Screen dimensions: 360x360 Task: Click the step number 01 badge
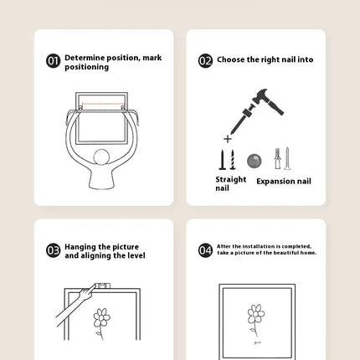point(53,61)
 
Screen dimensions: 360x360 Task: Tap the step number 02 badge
point(205,61)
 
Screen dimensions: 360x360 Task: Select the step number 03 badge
point(53,250)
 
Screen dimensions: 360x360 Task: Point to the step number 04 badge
point(205,250)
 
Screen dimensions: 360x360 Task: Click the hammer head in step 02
point(260,95)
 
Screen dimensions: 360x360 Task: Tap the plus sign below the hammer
point(228,139)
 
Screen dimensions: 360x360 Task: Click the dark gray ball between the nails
point(255,161)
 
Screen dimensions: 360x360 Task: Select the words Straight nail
point(231,183)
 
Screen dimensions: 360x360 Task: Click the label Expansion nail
point(284,182)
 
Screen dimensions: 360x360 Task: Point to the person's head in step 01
point(101,157)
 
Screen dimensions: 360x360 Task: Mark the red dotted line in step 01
point(103,104)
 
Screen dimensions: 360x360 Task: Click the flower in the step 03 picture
point(101,323)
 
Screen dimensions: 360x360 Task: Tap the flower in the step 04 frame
point(256,321)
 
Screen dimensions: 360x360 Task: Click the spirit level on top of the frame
point(103,285)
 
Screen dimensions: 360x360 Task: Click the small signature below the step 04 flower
point(258,342)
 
